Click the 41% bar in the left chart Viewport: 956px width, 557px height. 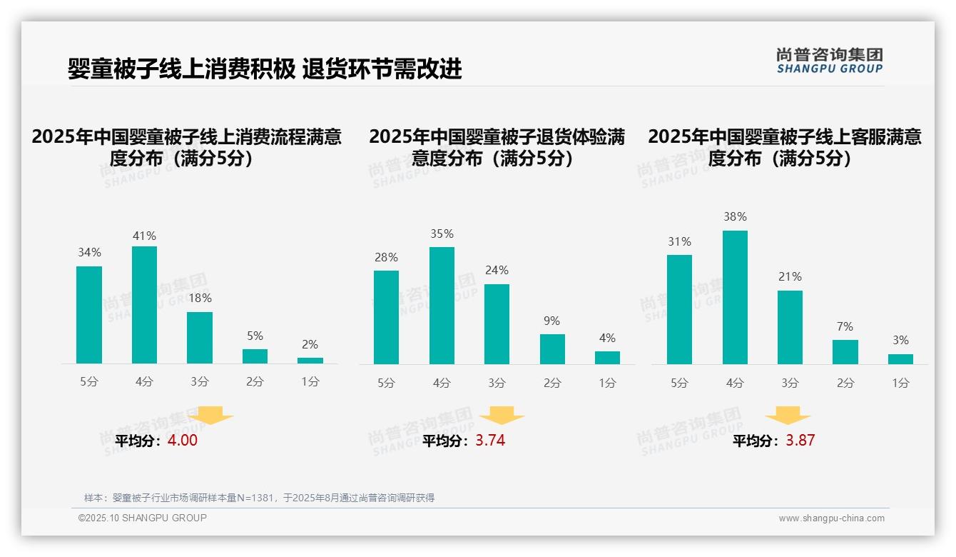144,305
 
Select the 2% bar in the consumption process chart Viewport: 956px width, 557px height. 310,361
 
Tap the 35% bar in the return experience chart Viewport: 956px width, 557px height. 442,306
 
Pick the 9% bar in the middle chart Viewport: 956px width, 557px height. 552,349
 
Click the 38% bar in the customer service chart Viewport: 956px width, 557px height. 735,297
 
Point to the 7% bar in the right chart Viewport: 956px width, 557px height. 845,352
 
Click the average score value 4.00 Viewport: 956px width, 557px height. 183,441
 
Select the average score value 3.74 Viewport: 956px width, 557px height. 490,441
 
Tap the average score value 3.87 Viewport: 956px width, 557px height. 800,441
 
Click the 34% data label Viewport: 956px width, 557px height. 89,253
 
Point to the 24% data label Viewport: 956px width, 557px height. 497,271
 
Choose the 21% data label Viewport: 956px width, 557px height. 790,277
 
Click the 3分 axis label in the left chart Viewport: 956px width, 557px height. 200,382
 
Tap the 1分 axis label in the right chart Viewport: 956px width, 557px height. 900,383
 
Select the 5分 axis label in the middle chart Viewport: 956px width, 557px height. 386,383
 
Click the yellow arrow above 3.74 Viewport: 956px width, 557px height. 502,416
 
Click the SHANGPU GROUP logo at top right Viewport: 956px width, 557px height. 829,61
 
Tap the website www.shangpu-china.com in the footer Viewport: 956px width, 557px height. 831,518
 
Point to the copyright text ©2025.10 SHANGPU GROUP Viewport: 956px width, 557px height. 143,518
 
